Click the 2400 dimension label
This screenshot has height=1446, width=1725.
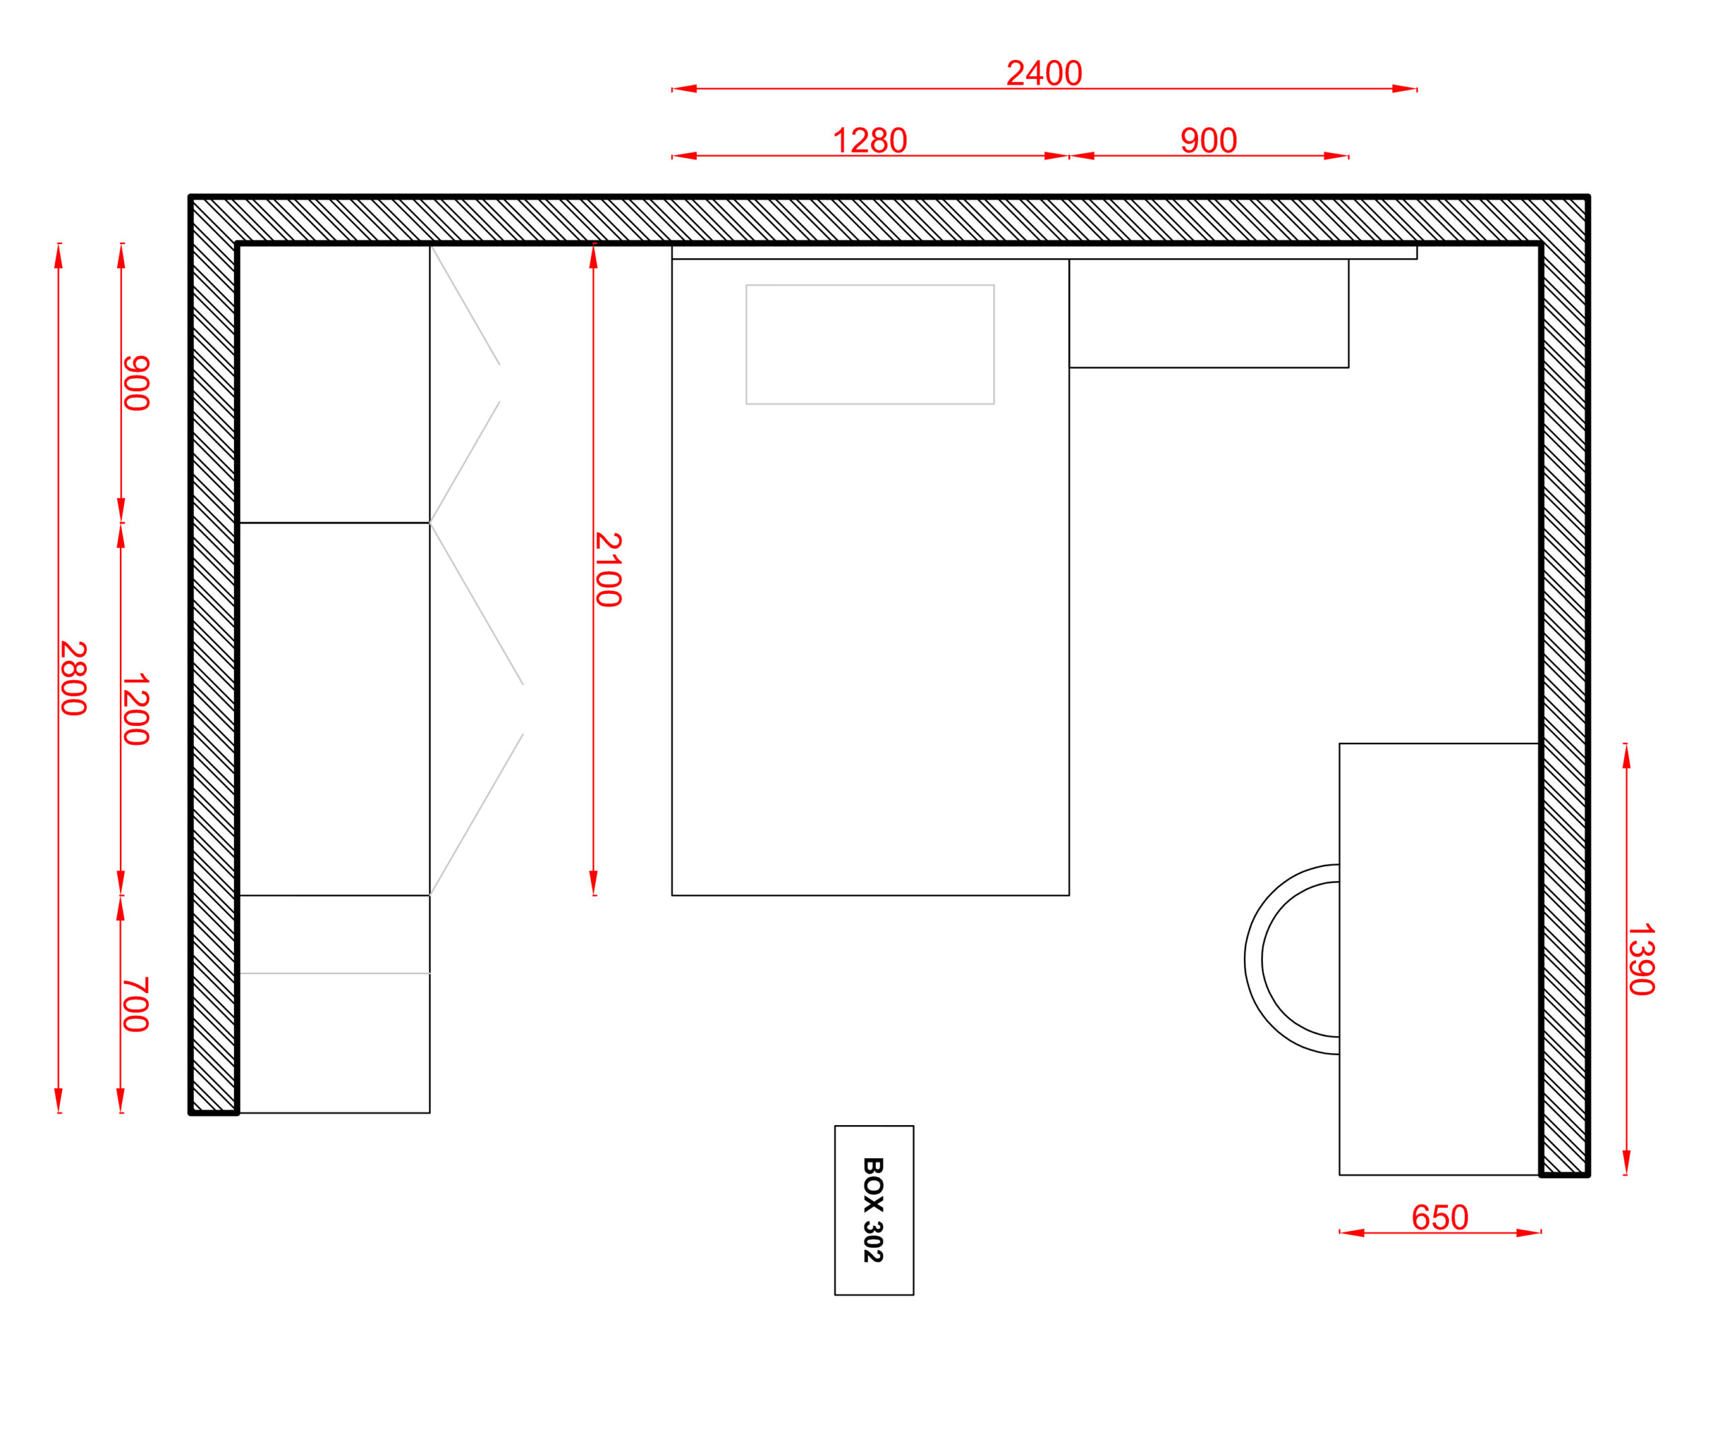coord(1044,73)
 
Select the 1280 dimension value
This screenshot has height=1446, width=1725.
coord(870,140)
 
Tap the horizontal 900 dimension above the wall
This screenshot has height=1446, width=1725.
coord(1208,140)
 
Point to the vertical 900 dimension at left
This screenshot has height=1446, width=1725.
coord(136,383)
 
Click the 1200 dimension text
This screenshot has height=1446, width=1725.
coord(136,710)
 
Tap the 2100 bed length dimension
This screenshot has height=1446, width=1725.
coord(608,570)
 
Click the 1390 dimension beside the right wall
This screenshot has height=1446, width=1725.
coord(1641,960)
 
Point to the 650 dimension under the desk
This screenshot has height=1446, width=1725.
coord(1440,1217)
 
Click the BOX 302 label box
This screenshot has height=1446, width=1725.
coord(874,1210)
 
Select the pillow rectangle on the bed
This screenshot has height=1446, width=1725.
coord(870,344)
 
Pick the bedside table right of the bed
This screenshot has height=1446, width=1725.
coord(1208,313)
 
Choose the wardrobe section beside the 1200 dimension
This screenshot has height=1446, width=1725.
coord(334,709)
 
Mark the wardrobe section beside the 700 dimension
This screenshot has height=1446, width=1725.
coord(334,1004)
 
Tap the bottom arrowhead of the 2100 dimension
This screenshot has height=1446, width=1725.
coord(593,883)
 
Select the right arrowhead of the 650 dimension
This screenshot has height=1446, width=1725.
coord(1529,1233)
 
